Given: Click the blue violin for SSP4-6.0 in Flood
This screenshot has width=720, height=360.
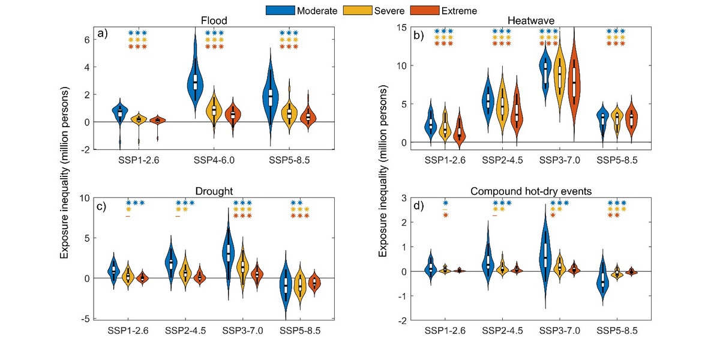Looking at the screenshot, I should coord(195,78).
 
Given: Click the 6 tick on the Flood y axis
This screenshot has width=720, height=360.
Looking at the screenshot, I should coord(86,40).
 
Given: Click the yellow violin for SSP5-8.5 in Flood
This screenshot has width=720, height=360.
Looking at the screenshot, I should coord(290,111).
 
